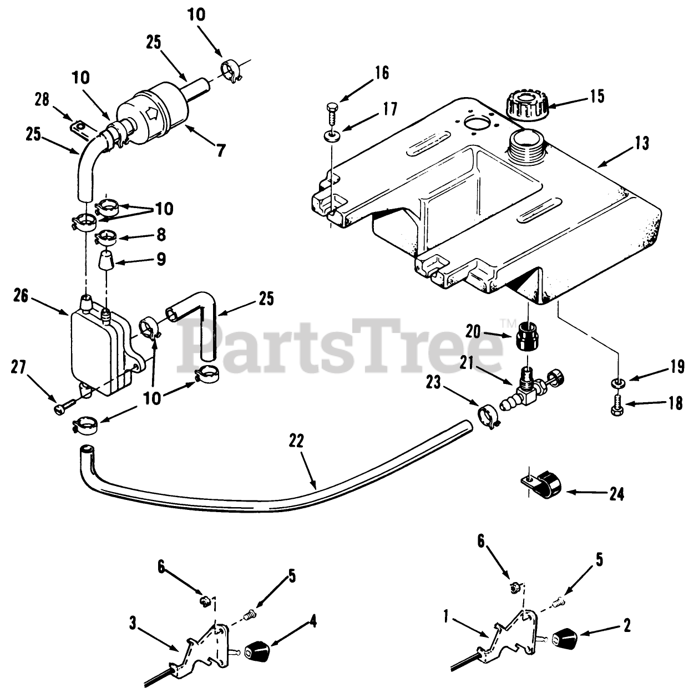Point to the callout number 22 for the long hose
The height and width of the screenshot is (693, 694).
click(297, 441)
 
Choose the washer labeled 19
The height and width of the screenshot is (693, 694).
click(616, 382)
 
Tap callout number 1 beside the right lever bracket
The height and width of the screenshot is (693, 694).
click(447, 615)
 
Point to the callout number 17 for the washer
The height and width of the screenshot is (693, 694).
click(389, 109)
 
